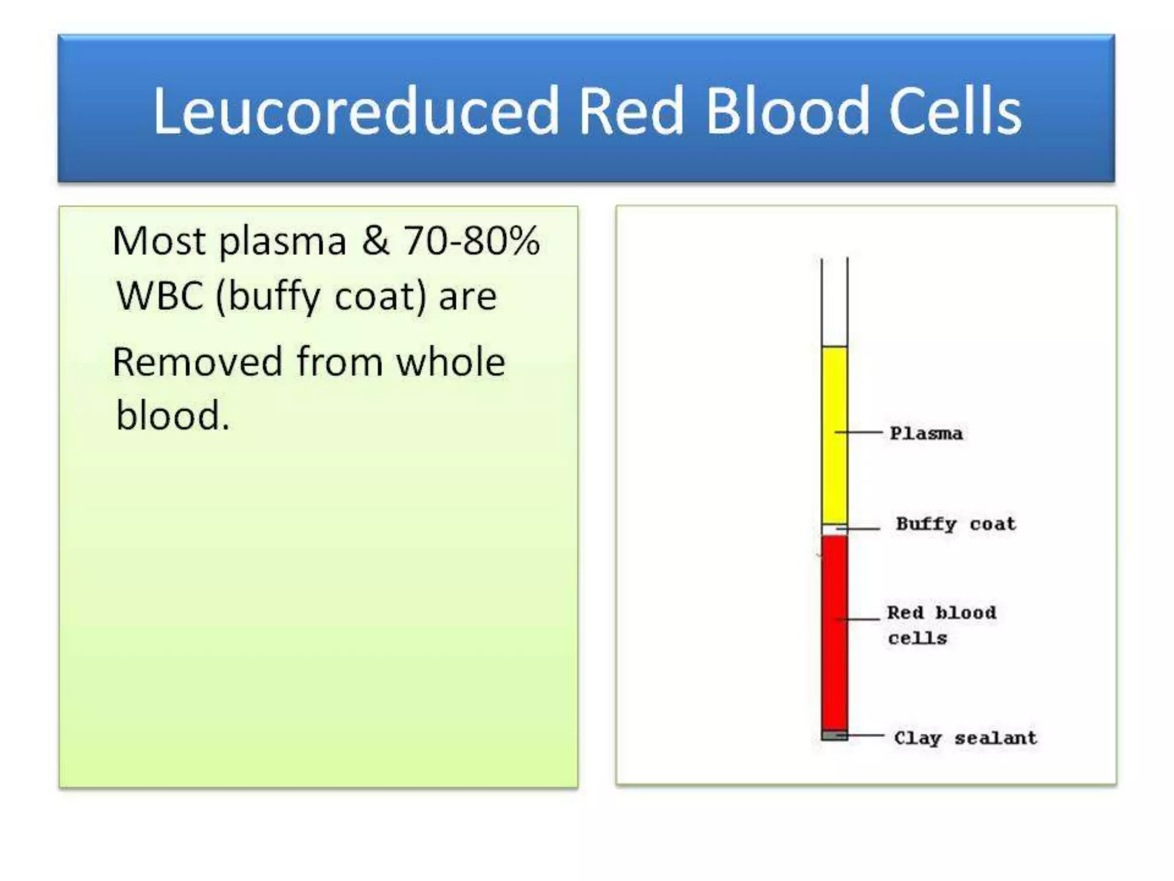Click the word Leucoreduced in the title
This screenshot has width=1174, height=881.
point(355,111)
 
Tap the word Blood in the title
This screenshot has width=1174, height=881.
point(788,111)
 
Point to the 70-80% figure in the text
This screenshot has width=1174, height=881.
point(471,241)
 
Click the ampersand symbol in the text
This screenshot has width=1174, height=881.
point(375,241)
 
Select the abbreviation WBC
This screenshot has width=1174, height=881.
point(160,297)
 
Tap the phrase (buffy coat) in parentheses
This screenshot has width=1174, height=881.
point(321,298)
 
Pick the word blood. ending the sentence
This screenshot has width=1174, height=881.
point(172,416)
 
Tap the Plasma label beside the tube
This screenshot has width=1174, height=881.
point(926,434)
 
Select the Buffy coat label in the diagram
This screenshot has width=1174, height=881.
point(956,524)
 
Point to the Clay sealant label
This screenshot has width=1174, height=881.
point(965,738)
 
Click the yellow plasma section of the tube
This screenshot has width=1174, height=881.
point(834,436)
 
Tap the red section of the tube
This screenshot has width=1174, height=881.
point(834,631)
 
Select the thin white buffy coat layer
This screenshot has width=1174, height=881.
point(834,529)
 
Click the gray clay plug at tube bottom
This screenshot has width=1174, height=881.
point(834,735)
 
